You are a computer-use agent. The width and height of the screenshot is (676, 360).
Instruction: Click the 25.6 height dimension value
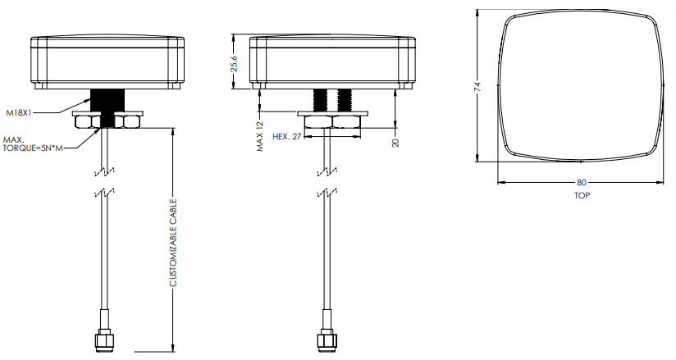(x=235, y=64)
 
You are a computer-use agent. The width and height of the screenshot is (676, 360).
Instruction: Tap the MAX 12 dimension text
(x=259, y=137)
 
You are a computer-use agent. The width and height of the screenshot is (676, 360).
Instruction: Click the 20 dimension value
(x=395, y=142)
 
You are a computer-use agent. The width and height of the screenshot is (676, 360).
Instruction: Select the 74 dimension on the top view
(x=477, y=87)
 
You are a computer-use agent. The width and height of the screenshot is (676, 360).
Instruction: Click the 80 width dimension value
(x=582, y=183)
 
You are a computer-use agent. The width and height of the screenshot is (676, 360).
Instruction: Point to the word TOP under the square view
(x=582, y=196)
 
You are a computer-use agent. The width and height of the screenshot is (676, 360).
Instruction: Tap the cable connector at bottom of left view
(x=104, y=338)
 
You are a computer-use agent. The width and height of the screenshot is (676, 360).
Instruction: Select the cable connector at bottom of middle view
(x=326, y=338)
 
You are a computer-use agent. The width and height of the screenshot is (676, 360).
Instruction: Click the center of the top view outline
(x=582, y=87)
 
